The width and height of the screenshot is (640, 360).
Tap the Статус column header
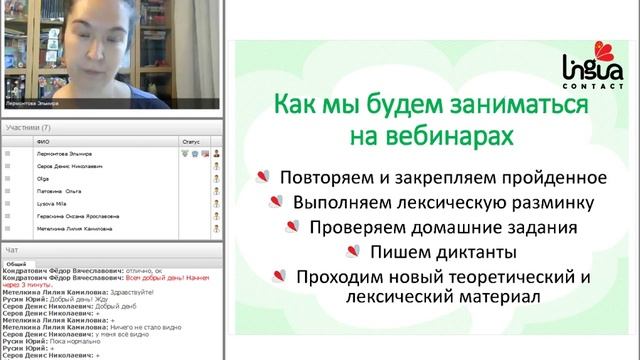click(191, 142)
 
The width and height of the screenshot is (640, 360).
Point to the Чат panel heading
click(11, 248)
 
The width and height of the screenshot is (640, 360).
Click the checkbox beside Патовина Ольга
click(8, 190)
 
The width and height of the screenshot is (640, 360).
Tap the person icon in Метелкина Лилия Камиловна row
click(215, 228)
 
